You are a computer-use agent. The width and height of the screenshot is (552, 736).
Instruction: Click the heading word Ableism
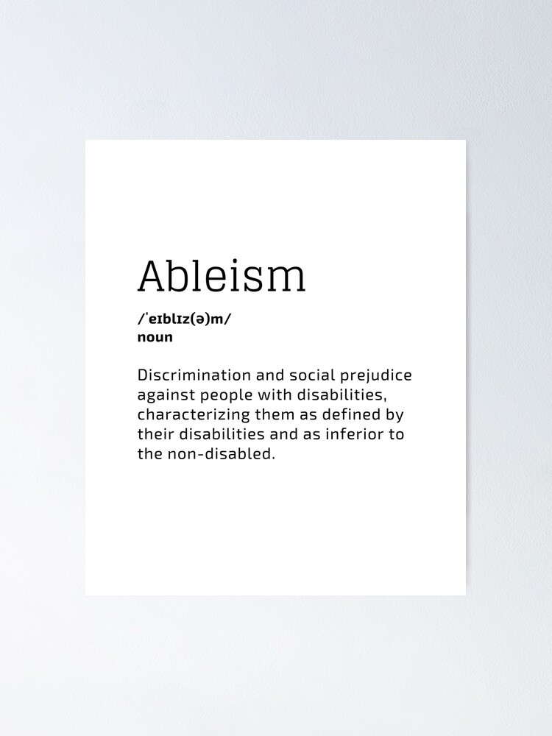point(221,275)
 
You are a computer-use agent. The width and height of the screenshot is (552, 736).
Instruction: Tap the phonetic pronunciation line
point(188,319)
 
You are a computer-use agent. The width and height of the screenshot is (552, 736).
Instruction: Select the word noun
point(155,337)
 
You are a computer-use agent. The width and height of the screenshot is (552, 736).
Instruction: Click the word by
point(394,415)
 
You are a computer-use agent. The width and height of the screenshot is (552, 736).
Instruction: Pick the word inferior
point(354,434)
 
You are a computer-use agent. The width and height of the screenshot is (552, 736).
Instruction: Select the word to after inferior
point(397,434)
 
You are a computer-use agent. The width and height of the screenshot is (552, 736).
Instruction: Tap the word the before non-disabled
point(149,453)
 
